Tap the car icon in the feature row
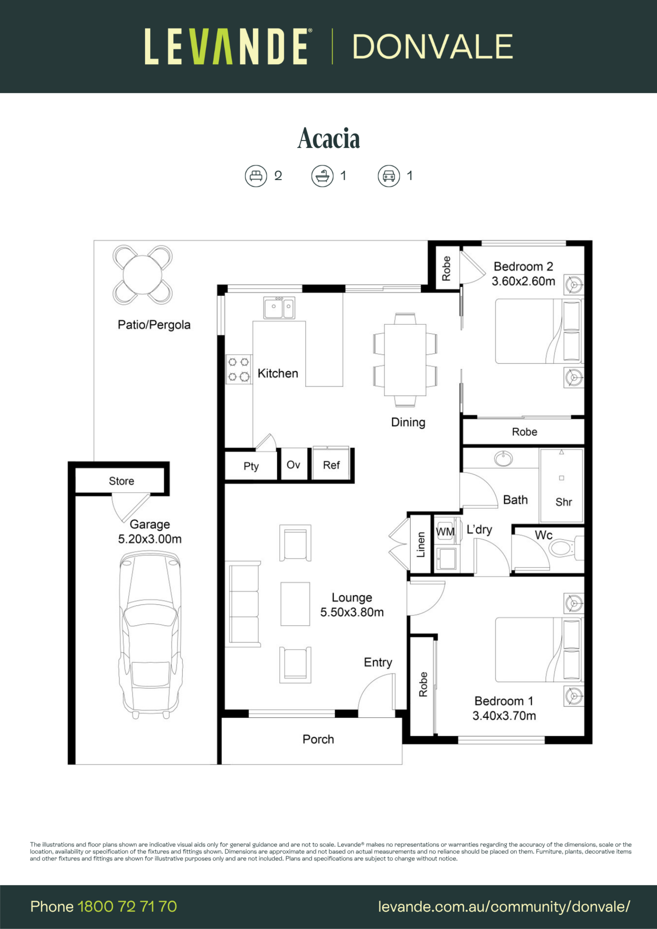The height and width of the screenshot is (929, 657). (389, 176)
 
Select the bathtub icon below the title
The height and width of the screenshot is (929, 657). (322, 176)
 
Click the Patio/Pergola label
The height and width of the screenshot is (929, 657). (154, 325)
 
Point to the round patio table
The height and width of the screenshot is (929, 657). (142, 275)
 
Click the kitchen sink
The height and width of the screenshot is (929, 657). (279, 308)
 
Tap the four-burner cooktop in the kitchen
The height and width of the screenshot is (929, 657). (239, 369)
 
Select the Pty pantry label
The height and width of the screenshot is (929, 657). (251, 467)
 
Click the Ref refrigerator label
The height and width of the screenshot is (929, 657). (331, 465)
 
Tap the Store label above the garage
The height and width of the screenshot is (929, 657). (121, 481)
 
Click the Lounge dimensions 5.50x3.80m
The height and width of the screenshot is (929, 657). (352, 612)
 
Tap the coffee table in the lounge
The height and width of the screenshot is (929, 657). (295, 604)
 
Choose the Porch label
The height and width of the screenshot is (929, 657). (318, 739)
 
